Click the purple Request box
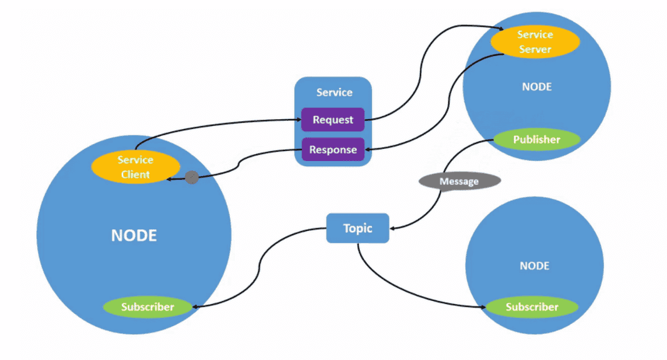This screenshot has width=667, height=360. tap(333, 120)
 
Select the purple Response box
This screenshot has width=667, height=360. tap(333, 150)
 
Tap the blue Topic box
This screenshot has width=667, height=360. tap(357, 228)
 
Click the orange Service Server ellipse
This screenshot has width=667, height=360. tap(535, 42)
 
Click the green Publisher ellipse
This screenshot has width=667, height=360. tap(536, 140)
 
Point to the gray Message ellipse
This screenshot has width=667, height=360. tap(459, 181)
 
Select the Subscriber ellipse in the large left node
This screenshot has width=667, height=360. tap(148, 307)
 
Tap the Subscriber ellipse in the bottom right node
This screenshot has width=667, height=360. tap(532, 307)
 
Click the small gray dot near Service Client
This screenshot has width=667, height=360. tap(191, 178)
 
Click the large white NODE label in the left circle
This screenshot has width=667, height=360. tap(134, 236)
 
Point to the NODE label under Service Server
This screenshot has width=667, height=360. tap(536, 87)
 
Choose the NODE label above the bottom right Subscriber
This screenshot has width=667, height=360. tap(534, 266)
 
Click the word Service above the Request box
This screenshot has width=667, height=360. tap(334, 92)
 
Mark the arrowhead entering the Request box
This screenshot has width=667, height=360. tap(298, 120)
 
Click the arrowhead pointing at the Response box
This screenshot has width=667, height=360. tap(368, 150)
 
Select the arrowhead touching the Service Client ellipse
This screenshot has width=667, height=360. tap(169, 179)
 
